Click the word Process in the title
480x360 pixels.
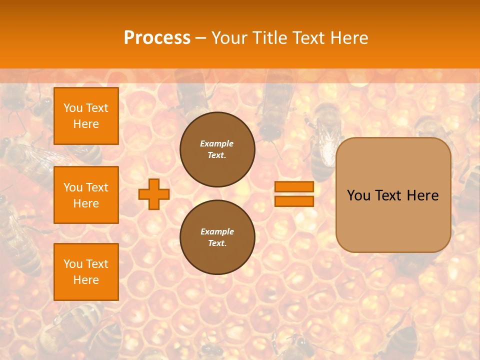pos(157,38)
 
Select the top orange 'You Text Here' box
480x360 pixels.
pos(86,116)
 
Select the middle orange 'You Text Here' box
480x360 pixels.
pos(86,195)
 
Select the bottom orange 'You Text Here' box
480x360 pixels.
pos(86,271)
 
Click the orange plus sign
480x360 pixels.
pos(153,194)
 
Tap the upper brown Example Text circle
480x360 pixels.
pos(217,149)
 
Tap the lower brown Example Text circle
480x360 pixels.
pos(217,237)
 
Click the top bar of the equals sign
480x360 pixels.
pos(294,187)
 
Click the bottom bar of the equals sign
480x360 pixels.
pos(294,201)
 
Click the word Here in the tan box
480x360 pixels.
pos(422,195)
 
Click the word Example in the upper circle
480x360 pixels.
pos(216,143)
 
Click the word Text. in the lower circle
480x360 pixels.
pos(216,243)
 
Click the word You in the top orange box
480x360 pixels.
pos(73,108)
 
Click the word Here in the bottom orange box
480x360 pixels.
pos(86,280)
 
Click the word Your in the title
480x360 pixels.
pos(229,38)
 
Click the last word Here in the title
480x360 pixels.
pos(348,38)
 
